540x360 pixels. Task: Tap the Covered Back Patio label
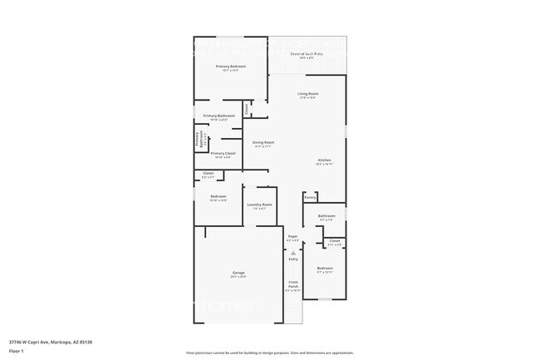pos(307,54)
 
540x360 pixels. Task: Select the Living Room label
pos(307,93)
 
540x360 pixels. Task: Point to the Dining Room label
pos(264,142)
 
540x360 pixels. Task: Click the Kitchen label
pos(324,160)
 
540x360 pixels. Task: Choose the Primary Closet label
pos(223,153)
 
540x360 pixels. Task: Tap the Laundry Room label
pos(259,205)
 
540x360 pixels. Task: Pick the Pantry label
pos(309,197)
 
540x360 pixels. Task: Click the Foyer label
pos(292,236)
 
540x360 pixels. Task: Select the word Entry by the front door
pos(292,259)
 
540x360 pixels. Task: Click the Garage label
pos(238,273)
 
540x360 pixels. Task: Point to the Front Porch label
pos(292,285)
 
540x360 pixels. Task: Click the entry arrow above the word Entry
pos(292,252)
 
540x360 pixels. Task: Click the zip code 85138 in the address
pos(85,342)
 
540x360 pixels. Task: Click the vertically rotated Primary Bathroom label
pos(197,140)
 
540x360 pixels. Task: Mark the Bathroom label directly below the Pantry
pos(326,216)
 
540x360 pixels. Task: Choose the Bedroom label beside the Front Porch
pos(324,268)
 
